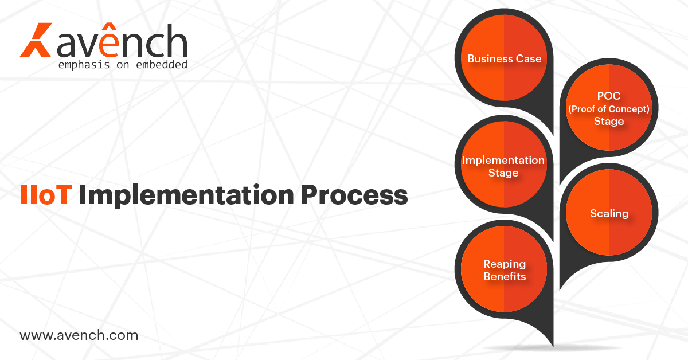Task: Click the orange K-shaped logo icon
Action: click(36, 40)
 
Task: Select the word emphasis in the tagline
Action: click(84, 65)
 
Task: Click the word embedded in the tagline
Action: click(162, 65)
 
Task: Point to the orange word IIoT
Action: click(46, 194)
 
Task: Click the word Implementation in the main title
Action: click(186, 196)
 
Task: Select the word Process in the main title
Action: click(354, 195)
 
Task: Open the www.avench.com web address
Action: click(79, 335)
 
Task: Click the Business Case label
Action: click(505, 58)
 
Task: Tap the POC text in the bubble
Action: click(609, 96)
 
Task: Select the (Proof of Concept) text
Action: click(609, 109)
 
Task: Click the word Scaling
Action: click(609, 214)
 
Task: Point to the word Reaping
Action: click(505, 264)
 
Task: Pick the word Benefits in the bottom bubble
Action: click(505, 276)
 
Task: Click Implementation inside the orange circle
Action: click(503, 161)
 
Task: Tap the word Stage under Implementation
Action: click(503, 173)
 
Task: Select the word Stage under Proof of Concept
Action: click(609, 122)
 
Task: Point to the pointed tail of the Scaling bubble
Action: click(561, 288)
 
